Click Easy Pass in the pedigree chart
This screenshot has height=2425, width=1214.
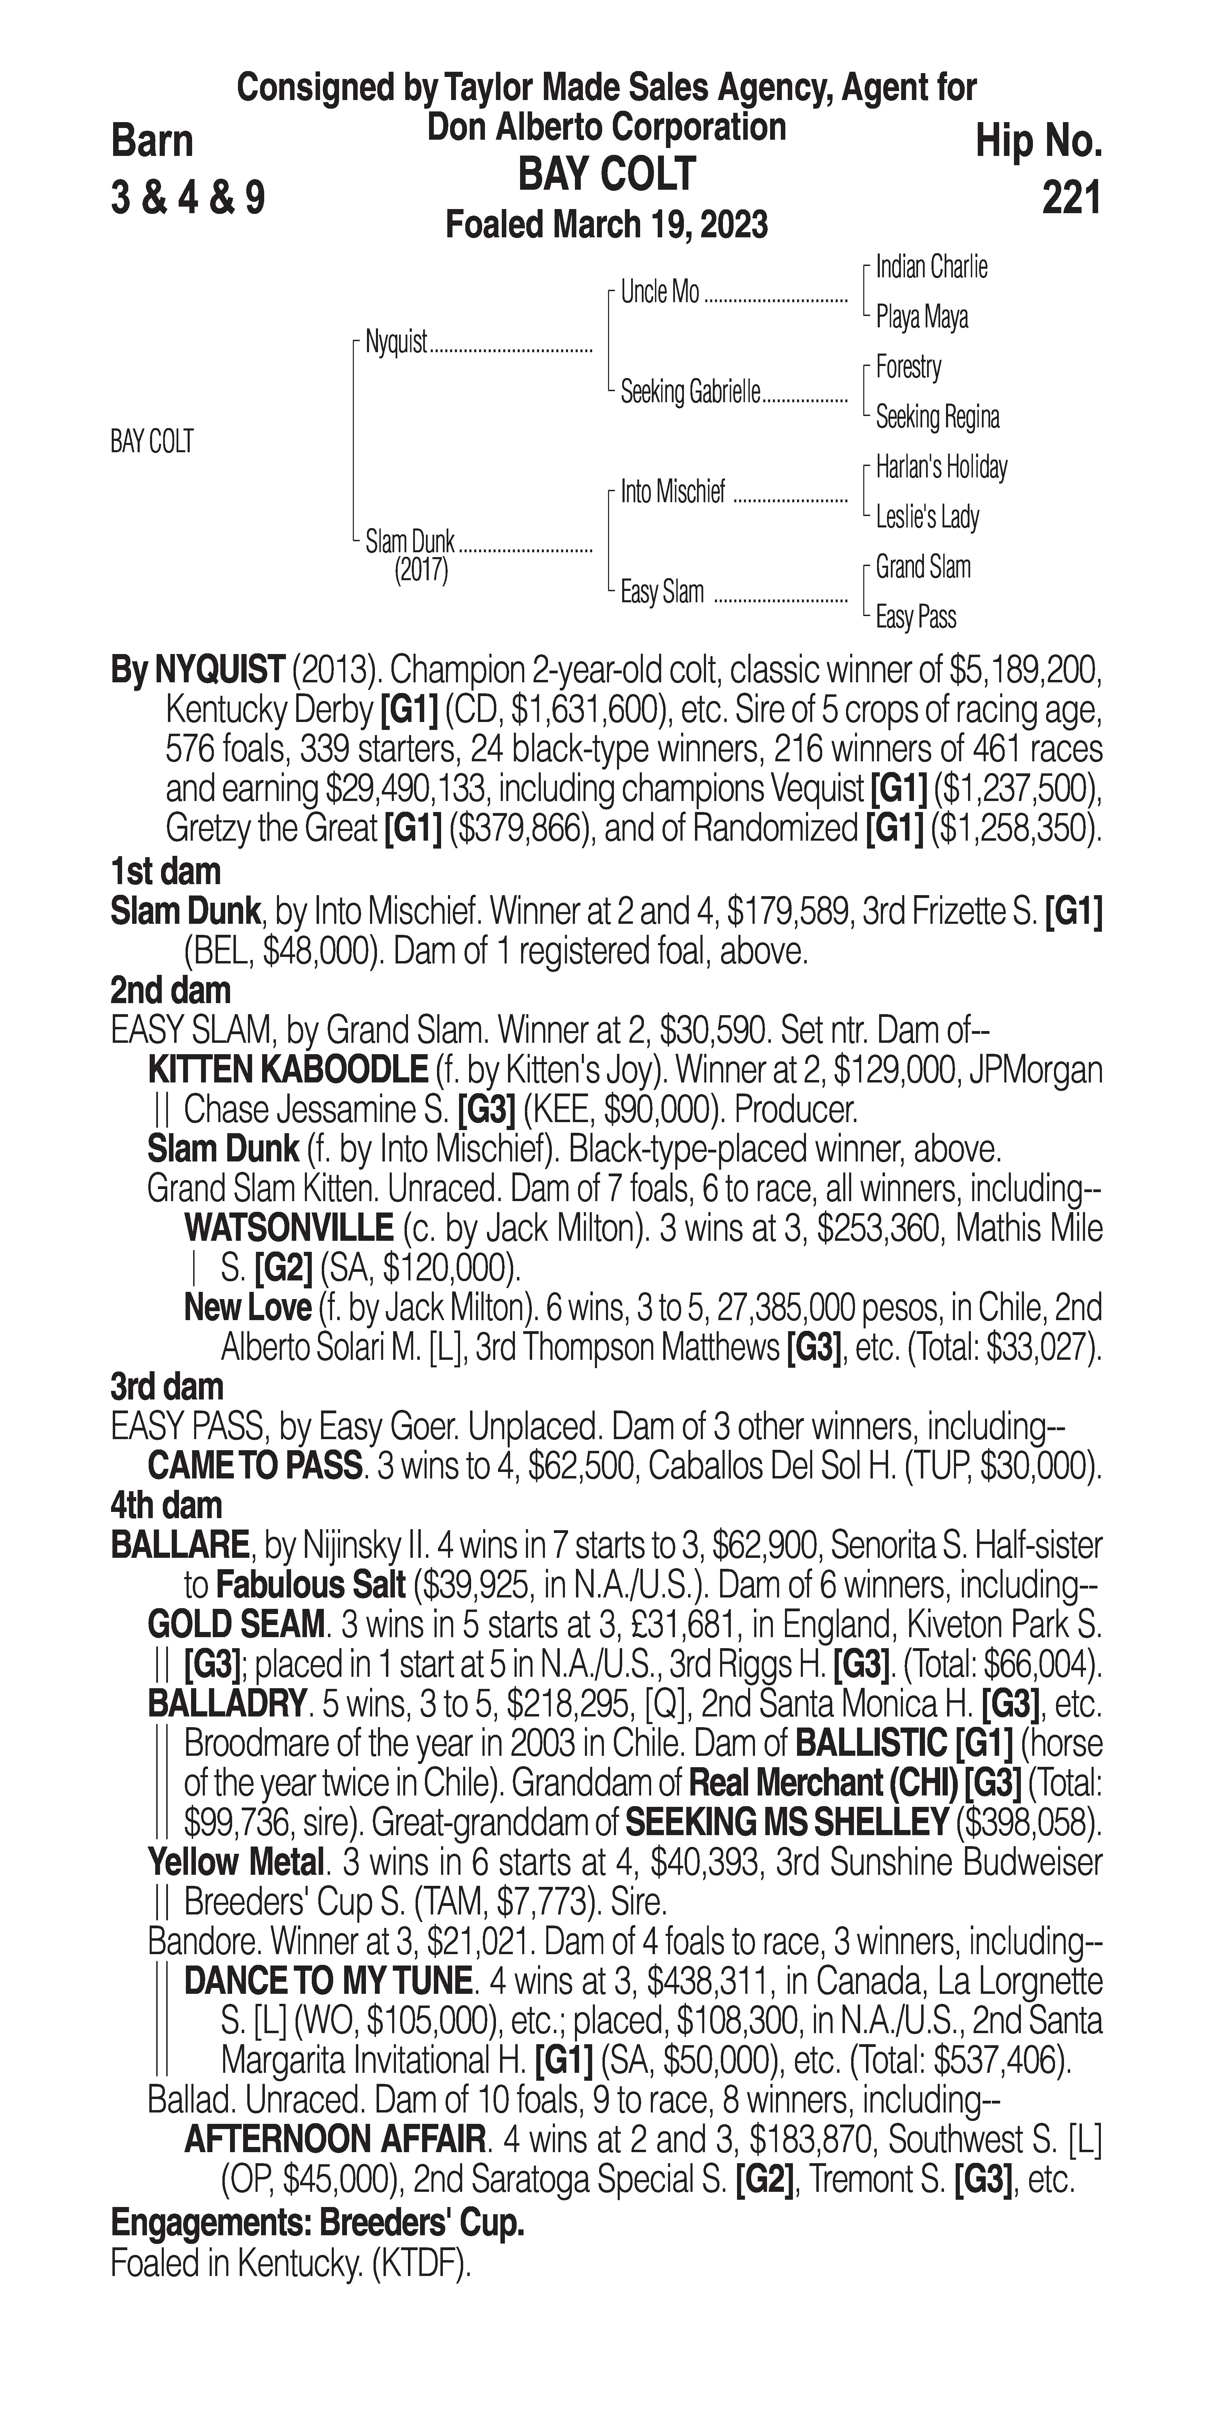[x=916, y=617]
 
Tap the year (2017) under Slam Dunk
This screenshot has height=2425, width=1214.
[x=421, y=571]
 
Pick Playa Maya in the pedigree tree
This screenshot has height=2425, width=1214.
[x=921, y=317]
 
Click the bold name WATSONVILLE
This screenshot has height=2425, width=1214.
[x=289, y=1228]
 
